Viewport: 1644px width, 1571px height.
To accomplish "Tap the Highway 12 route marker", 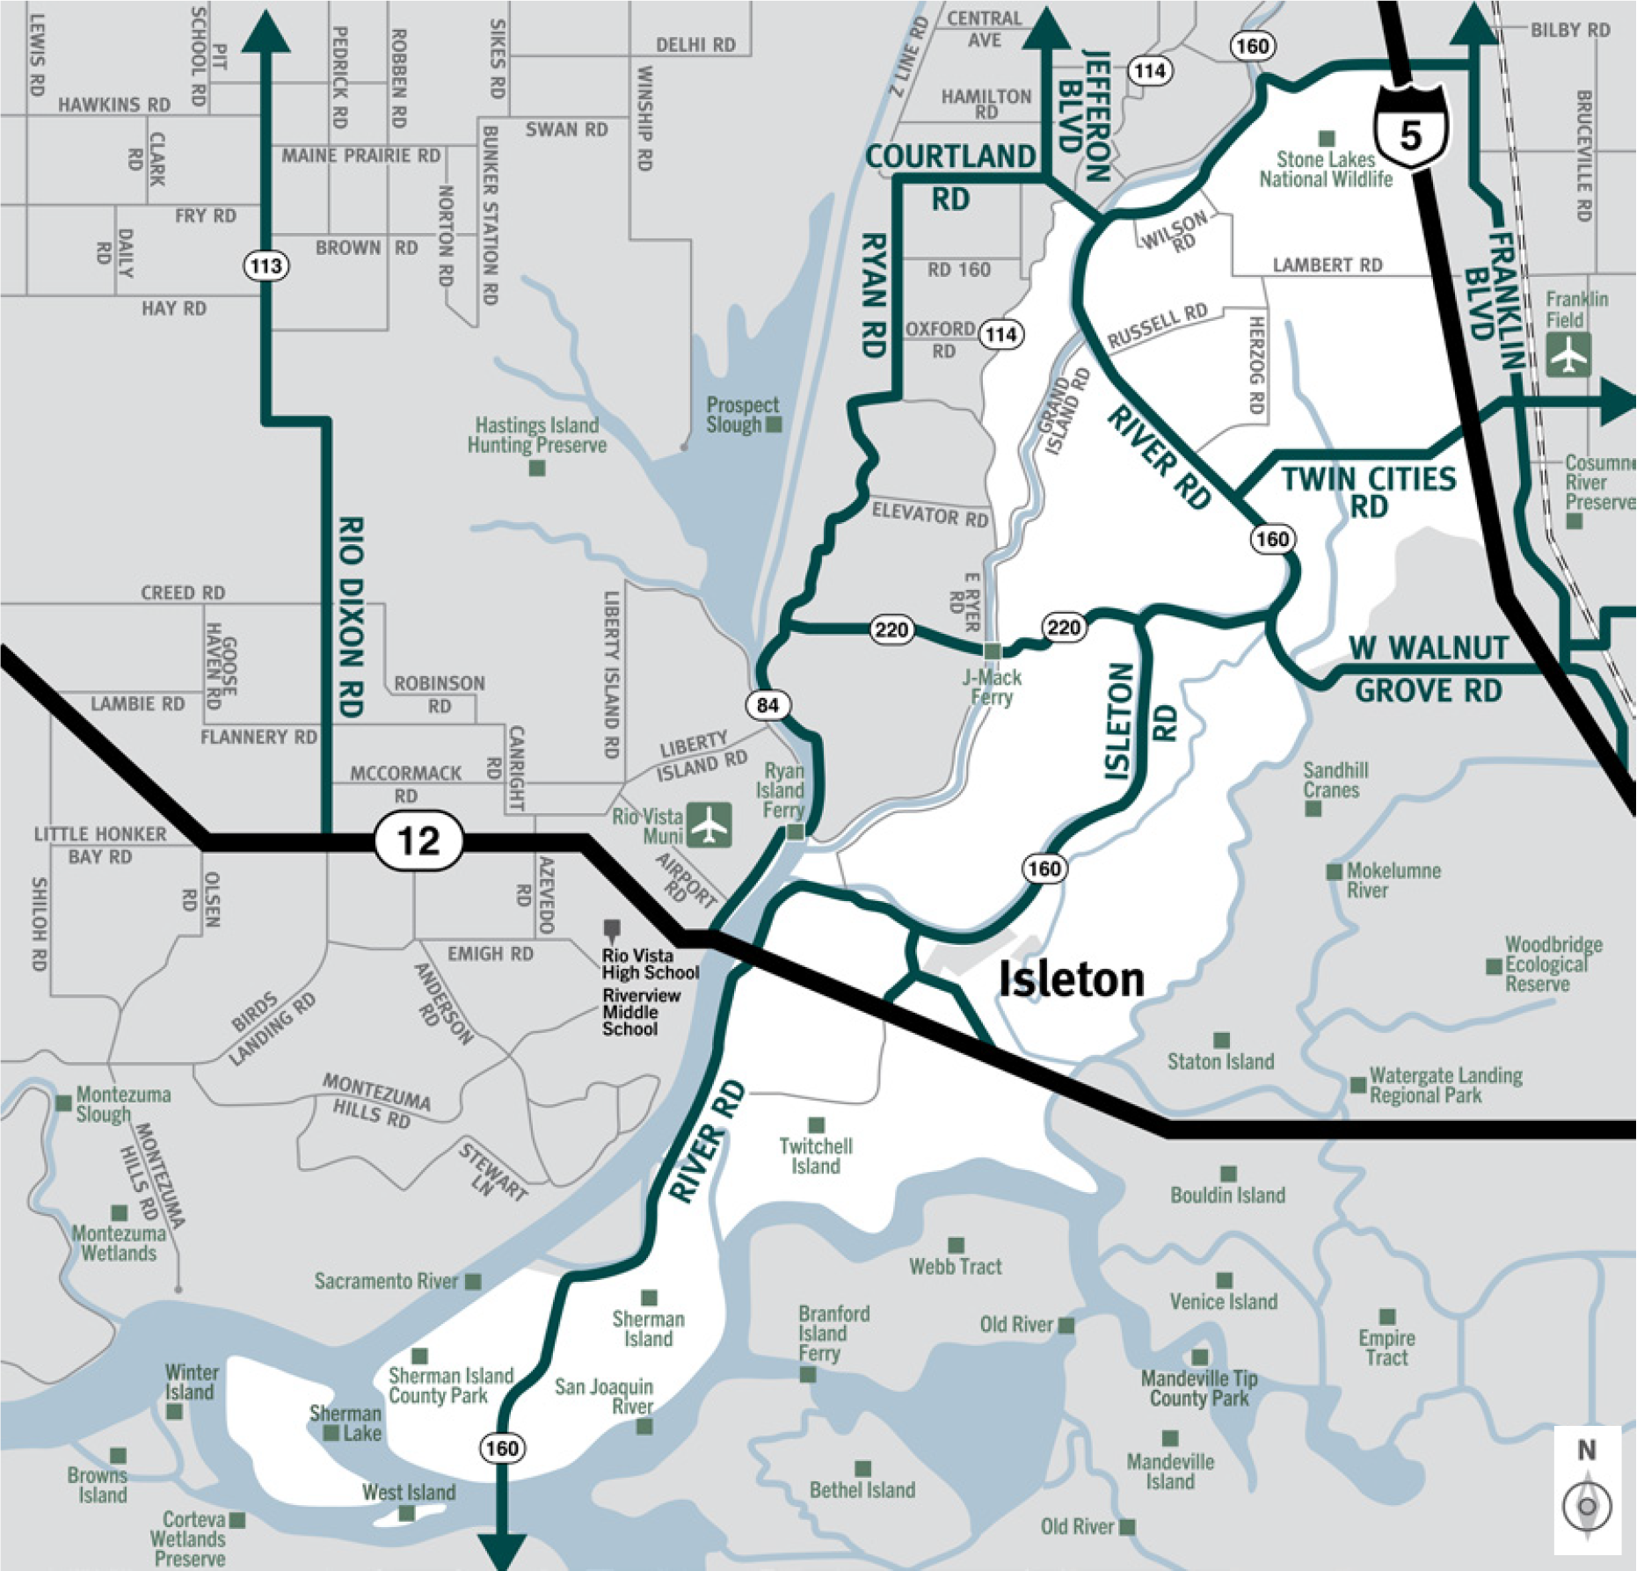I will [x=418, y=840].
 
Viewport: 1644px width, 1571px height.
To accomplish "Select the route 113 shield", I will [x=266, y=265].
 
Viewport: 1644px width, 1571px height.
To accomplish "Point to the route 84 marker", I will [x=767, y=704].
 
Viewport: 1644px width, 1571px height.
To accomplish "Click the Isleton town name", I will [x=1072, y=979].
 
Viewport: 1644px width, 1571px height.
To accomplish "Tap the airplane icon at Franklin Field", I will [x=1568, y=355].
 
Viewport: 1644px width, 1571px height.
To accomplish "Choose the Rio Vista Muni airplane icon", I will [x=709, y=825].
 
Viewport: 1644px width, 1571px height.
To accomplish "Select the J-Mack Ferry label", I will [x=992, y=687].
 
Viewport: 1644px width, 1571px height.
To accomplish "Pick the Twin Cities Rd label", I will [x=1368, y=492].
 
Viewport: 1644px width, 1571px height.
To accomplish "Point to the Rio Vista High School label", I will [x=651, y=964].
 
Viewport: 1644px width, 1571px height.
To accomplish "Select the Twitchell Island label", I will [x=815, y=1156].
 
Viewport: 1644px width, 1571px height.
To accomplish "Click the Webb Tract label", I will [x=956, y=1266].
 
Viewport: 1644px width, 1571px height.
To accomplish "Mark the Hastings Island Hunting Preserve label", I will [x=537, y=435].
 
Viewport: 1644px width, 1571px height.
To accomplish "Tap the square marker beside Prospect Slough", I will [x=774, y=425].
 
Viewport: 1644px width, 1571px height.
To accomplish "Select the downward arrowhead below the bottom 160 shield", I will [x=502, y=1551].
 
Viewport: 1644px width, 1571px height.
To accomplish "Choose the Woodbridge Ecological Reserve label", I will [x=1553, y=964].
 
